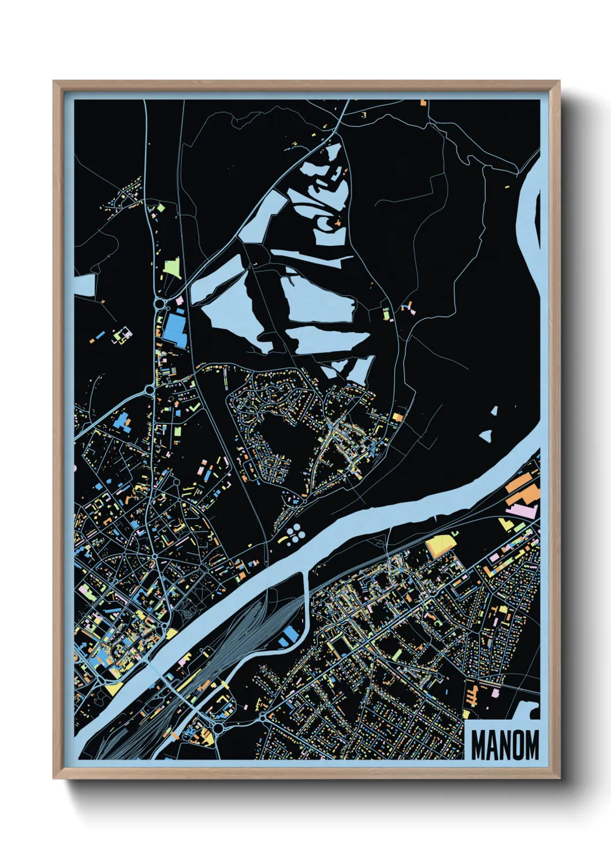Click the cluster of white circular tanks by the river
click(294, 534)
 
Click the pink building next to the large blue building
click(179, 301)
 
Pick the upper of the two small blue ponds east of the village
click(494, 411)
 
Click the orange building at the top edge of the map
click(423, 103)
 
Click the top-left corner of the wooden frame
click(55, 82)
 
